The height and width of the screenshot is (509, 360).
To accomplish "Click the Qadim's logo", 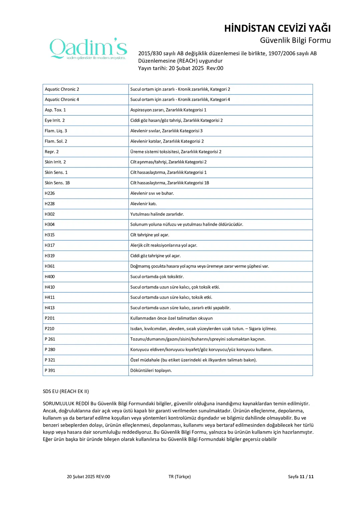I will (88, 49).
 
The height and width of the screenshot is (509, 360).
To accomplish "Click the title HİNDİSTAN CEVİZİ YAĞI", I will (277, 28).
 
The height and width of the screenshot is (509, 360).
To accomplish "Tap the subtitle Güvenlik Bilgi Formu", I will (295, 40).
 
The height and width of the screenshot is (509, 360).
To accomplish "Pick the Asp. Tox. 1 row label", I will (55, 110).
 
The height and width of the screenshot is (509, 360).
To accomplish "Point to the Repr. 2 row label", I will (52, 152).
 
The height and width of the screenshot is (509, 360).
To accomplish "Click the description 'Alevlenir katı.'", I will (143, 204).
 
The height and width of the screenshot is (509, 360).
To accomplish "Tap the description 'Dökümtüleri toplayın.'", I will (151, 370).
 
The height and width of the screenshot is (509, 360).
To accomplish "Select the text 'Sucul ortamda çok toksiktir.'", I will (157, 277).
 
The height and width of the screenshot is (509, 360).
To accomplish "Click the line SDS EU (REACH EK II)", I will (66, 391).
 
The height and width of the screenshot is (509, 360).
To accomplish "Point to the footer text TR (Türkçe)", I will (180, 477).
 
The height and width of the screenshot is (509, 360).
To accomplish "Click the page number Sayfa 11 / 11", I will (301, 477).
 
